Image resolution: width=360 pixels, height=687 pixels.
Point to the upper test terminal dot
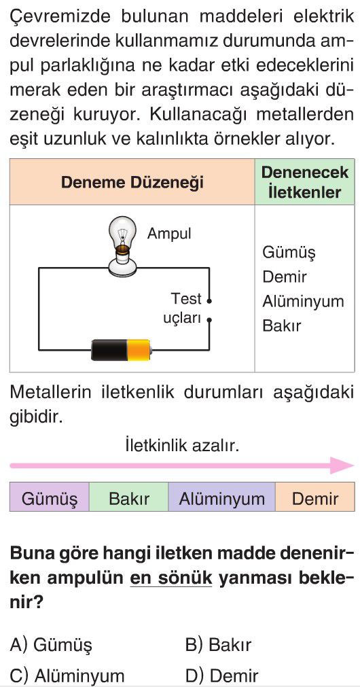[x=209, y=301]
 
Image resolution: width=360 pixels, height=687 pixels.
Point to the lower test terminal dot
[x=209, y=320]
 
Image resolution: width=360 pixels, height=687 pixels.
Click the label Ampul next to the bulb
[x=169, y=234]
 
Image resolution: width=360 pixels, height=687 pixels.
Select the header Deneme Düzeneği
[x=132, y=182]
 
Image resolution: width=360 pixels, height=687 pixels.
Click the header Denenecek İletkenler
[x=305, y=182]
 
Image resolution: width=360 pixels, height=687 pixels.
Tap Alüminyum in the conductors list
[x=303, y=302]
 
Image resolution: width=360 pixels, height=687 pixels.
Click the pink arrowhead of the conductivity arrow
[x=342, y=465]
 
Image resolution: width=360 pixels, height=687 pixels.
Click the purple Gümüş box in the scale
[x=50, y=497]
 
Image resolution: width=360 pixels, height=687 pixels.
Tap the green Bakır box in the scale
[x=129, y=497]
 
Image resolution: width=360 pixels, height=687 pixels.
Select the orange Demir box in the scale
[x=315, y=497]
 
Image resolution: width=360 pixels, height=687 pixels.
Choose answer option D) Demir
[x=221, y=675]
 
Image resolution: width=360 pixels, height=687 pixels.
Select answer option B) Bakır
[x=218, y=644]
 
